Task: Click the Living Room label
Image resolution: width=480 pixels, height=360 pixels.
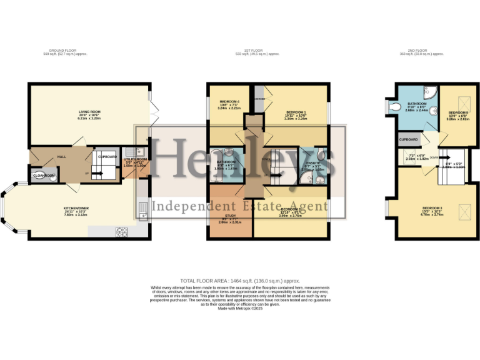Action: point(89,112)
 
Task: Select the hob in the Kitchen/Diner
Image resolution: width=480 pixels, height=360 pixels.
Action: point(121,232)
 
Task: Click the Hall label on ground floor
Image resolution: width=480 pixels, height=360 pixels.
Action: point(62,157)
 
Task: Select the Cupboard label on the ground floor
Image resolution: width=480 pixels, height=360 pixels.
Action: point(107,156)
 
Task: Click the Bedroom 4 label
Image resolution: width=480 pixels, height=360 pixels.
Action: point(229,102)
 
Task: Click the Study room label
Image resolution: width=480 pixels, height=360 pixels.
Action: point(231,216)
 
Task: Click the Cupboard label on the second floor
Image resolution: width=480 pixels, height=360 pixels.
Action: point(409,139)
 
